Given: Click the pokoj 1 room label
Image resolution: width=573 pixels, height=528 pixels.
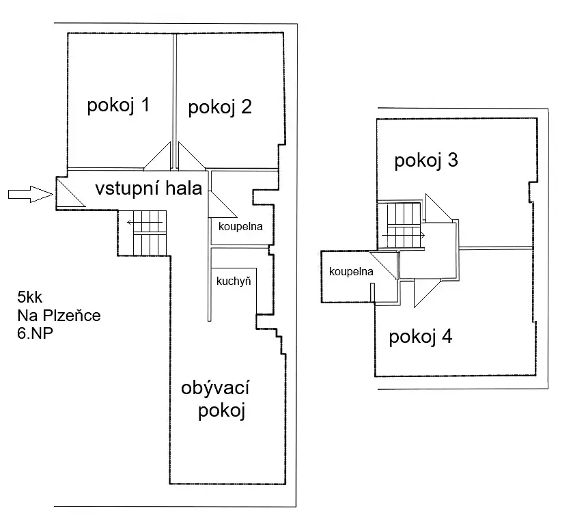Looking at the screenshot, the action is point(118,105).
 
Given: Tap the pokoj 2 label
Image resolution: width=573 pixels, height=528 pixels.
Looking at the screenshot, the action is point(220,107).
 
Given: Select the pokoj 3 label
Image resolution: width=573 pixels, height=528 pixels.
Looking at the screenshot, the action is point(426,161).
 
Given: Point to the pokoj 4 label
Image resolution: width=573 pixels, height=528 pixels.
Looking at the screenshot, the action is point(421,337).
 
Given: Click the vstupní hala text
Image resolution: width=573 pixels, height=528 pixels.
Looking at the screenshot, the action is point(149,189).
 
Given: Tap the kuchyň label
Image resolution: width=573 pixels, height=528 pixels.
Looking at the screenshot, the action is point(234,281).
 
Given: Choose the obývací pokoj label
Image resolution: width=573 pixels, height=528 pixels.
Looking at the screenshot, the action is point(216,399).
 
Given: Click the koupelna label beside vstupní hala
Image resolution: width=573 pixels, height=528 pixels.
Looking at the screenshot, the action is point(240,227).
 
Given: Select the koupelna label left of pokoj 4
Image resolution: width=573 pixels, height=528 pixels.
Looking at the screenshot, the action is point(351,271).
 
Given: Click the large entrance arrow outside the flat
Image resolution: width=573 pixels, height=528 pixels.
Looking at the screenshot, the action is point(31,194).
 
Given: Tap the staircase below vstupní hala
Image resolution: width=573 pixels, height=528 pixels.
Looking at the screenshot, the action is point(150,233).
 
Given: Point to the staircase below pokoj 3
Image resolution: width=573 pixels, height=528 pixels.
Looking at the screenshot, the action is point(403,225).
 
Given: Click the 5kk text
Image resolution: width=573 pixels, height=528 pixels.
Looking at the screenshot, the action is point(29,297).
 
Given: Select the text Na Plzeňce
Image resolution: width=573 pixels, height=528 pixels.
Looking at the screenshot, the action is point(59,316).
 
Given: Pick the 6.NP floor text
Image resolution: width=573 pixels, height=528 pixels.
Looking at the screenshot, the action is point(35,333).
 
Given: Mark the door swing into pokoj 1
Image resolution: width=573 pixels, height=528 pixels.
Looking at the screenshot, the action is point(158,156).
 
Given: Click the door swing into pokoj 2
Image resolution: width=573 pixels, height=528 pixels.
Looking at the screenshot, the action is point(191,156).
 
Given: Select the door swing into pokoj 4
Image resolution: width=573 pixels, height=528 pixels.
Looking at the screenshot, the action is point(427,292).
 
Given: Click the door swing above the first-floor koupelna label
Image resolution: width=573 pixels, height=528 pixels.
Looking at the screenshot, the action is point(384,265).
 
